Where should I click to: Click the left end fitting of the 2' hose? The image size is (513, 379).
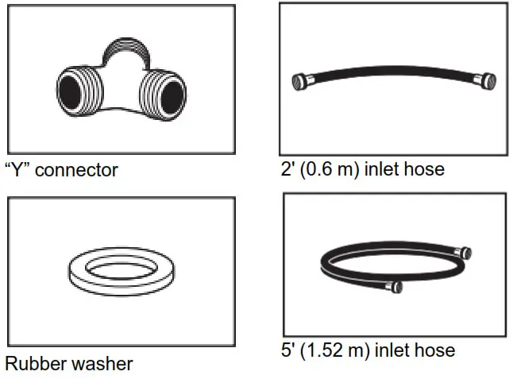click(x=301, y=81)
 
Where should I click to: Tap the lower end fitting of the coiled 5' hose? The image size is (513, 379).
click(x=395, y=285)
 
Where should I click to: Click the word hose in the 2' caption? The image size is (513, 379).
click(x=426, y=169)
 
